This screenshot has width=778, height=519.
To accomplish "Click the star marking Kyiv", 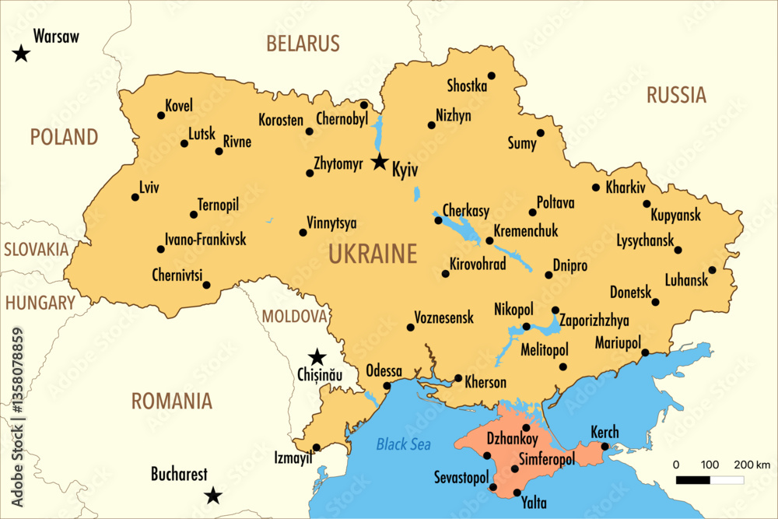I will point(379,162).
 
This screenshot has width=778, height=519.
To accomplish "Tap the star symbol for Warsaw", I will point(21,54).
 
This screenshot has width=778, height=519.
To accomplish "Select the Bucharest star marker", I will point(212,496).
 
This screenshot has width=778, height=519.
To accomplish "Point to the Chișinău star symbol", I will point(317,358).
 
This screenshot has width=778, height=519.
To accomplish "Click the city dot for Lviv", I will point(135,197).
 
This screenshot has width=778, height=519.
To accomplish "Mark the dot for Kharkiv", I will point(596,188).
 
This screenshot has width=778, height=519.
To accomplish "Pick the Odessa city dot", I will point(387,385).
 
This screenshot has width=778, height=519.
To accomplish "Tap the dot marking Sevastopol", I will point(492,487).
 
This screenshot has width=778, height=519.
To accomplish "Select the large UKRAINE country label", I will point(373,254).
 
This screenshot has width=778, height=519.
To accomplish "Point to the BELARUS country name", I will point(303,44).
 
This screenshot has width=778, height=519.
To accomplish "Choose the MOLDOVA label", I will point(294,316).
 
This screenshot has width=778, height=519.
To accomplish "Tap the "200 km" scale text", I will point(752,465).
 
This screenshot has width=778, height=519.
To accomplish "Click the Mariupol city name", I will point(618,343).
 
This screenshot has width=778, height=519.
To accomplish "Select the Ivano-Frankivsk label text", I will point(205,239).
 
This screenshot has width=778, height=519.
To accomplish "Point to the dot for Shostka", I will point(492,75).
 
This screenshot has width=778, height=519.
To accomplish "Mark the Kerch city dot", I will point(605,446).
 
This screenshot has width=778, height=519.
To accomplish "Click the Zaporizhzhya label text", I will point(594,320).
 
